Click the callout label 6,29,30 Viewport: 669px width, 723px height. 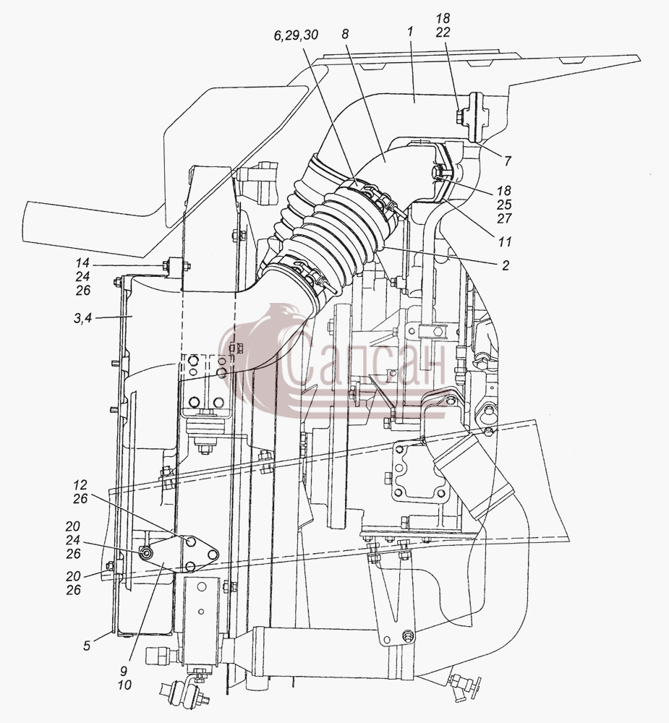(296, 35)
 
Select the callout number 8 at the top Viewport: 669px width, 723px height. (346, 34)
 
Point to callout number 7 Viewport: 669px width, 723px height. (508, 161)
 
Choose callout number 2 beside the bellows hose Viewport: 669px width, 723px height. (506, 265)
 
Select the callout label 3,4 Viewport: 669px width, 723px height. (82, 318)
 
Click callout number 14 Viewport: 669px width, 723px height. (82, 263)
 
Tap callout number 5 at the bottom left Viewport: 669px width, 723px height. (87, 646)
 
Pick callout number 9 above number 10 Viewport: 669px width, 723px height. (124, 671)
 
